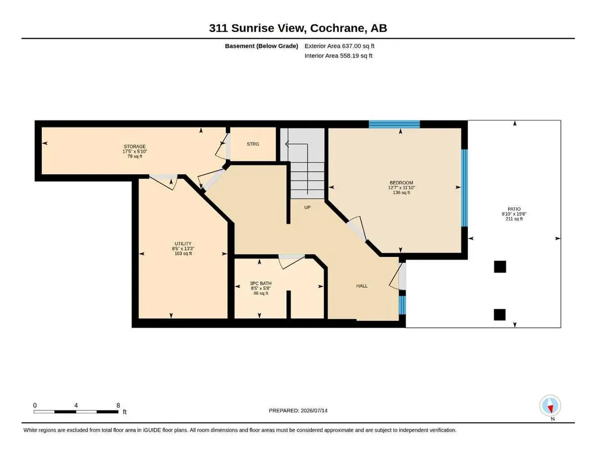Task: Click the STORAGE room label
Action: (x=134, y=146)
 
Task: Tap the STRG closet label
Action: (x=253, y=144)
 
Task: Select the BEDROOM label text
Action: (x=401, y=183)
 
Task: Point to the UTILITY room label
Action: (x=183, y=244)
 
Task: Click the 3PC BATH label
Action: (x=260, y=283)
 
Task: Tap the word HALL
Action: (x=362, y=286)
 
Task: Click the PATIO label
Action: (x=514, y=209)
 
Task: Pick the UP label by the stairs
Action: (x=307, y=207)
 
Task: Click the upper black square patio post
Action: (x=500, y=267)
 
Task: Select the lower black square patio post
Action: (x=499, y=315)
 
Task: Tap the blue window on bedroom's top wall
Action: (x=394, y=124)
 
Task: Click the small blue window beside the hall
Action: (x=402, y=305)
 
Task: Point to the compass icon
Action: (x=550, y=406)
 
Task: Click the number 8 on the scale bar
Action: (x=118, y=405)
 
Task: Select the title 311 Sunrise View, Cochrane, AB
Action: (x=298, y=28)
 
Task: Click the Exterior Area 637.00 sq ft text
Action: (x=339, y=46)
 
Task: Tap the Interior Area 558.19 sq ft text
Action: (x=338, y=56)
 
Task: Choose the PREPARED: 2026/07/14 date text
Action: (x=298, y=411)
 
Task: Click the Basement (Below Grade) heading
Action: (x=261, y=46)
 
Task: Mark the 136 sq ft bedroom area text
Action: (x=402, y=193)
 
